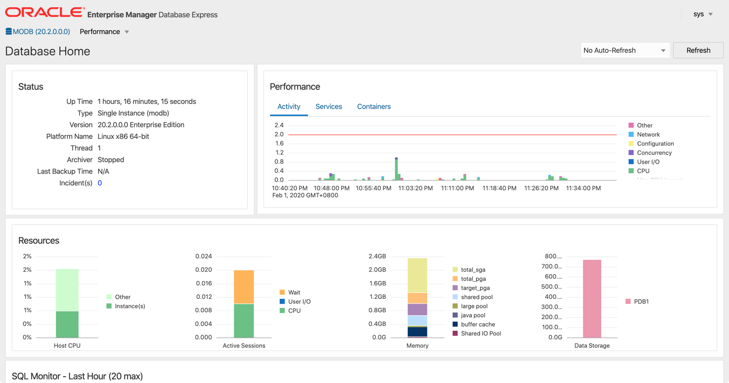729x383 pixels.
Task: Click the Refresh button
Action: (698, 50)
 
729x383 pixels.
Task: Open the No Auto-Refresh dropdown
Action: (625, 50)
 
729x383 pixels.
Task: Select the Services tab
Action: (328, 106)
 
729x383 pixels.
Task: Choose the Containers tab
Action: (374, 106)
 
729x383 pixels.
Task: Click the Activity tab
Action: (289, 106)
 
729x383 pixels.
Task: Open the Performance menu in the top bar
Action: (104, 31)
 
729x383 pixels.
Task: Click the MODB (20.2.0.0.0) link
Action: (41, 31)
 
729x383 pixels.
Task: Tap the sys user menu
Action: (703, 14)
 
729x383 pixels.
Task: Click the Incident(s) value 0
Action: (100, 183)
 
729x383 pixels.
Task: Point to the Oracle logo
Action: (45, 13)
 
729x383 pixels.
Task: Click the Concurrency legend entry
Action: (654, 152)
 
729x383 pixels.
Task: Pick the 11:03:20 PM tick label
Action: (415, 188)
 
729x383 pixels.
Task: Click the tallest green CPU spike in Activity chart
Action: (397, 170)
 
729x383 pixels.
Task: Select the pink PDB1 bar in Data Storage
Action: (592, 299)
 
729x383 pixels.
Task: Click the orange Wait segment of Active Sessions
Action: (244, 287)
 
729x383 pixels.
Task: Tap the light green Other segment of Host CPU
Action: (67, 290)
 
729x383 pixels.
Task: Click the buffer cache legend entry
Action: (477, 324)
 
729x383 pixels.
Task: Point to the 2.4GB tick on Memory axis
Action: (377, 256)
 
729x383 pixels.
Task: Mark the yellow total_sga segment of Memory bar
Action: (417, 275)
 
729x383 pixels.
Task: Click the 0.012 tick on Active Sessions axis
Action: (204, 297)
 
